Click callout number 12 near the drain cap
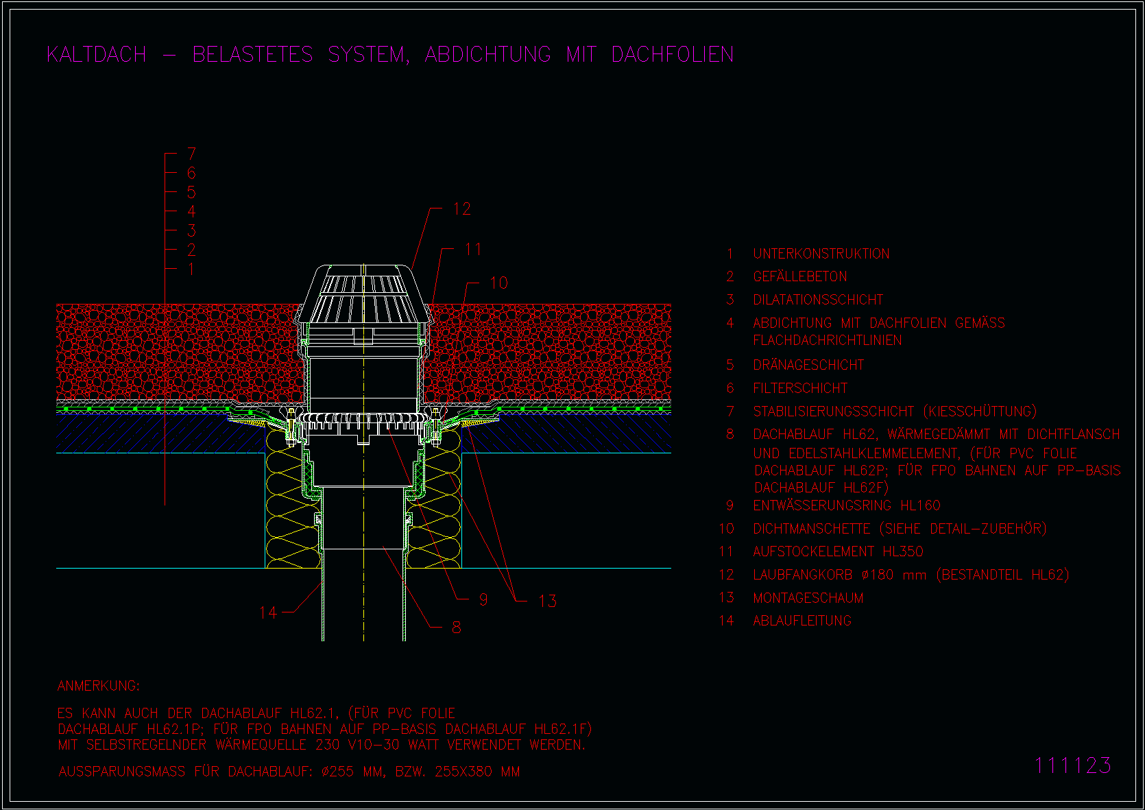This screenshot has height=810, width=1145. (x=462, y=209)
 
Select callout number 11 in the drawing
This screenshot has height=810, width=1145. (x=473, y=249)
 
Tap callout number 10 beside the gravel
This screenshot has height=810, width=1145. (x=498, y=283)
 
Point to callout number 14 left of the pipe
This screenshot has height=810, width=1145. (x=268, y=612)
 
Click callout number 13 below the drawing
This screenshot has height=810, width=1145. (x=547, y=601)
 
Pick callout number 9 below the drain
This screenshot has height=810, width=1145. (x=483, y=600)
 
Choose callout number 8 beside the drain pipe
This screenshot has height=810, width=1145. (x=457, y=627)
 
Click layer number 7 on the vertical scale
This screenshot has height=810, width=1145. (x=191, y=154)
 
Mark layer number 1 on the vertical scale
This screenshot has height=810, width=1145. (x=191, y=270)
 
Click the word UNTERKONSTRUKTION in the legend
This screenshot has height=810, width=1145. (x=821, y=254)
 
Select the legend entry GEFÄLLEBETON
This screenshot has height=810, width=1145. (x=799, y=276)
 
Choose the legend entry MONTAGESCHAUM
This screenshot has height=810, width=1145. (x=808, y=598)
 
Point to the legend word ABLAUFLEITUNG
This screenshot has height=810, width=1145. (x=802, y=621)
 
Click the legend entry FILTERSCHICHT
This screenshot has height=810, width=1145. (x=800, y=388)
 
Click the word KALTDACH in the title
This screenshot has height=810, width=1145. (x=97, y=54)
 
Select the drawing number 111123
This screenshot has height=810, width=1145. (x=1072, y=765)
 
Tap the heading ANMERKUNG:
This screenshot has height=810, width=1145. (x=98, y=686)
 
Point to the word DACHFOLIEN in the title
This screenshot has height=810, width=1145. (x=672, y=54)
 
